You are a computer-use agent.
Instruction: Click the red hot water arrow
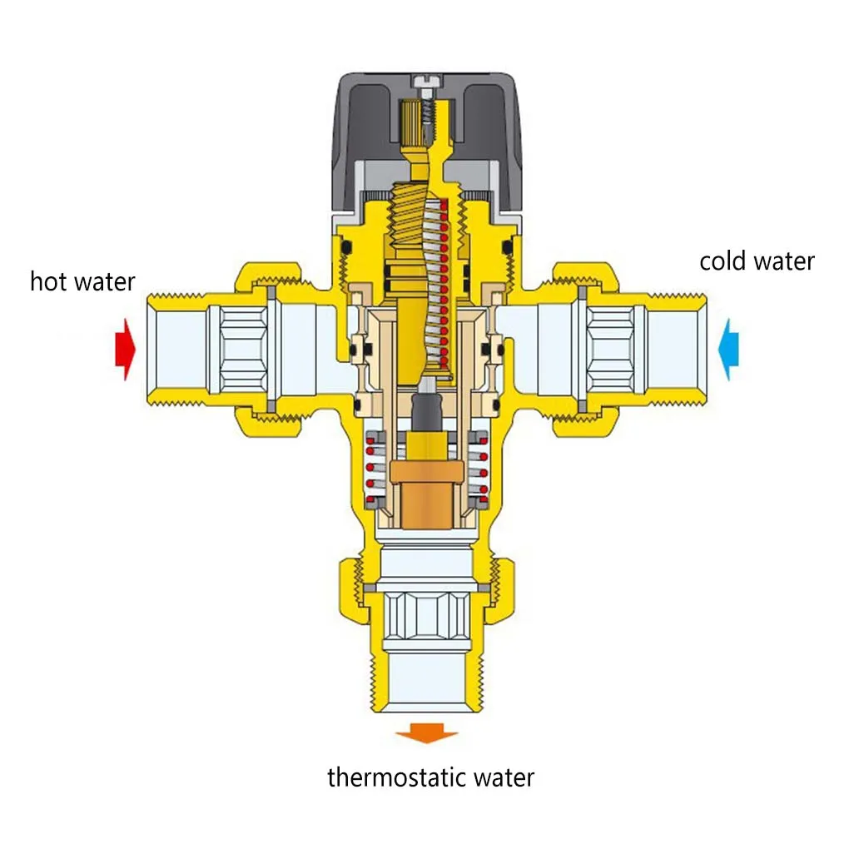[124, 349]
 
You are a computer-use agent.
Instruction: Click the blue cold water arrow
[728, 349]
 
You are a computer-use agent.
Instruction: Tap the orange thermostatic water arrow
[426, 733]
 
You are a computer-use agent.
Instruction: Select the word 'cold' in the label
[721, 261]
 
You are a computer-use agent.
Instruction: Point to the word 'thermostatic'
[397, 777]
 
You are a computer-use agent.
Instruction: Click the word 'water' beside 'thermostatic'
[504, 777]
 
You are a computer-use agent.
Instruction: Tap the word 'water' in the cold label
[783, 261]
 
